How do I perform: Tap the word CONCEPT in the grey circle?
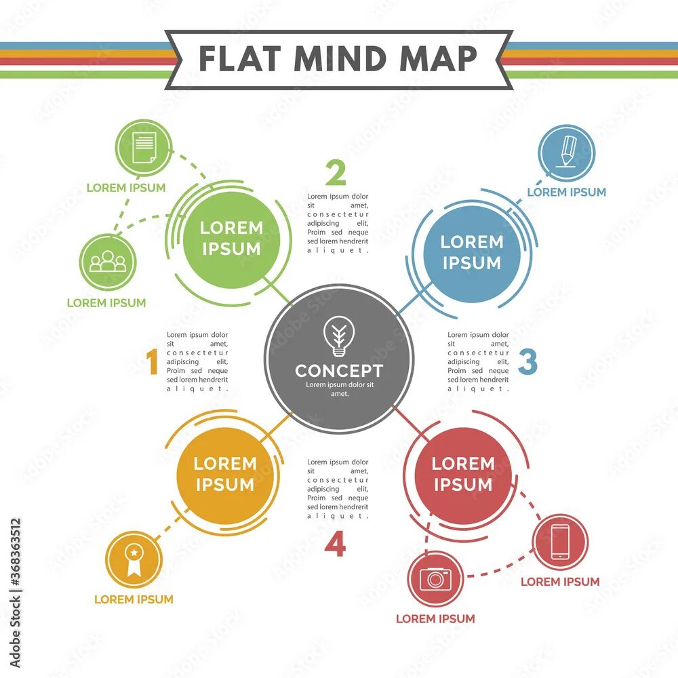338,371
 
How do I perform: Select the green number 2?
336,174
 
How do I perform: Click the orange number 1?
153,362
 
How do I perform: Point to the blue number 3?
527,362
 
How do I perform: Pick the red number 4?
335,545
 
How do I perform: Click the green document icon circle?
144,148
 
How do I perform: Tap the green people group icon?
108,262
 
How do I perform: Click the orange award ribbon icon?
134,559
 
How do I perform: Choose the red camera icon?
435,578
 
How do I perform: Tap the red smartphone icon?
560,542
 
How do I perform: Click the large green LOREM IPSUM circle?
231,239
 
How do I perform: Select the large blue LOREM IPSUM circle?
472,252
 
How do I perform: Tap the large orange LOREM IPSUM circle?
225,474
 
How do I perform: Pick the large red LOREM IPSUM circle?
463,474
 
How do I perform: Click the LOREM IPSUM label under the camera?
435,618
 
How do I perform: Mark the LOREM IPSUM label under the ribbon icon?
134,599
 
